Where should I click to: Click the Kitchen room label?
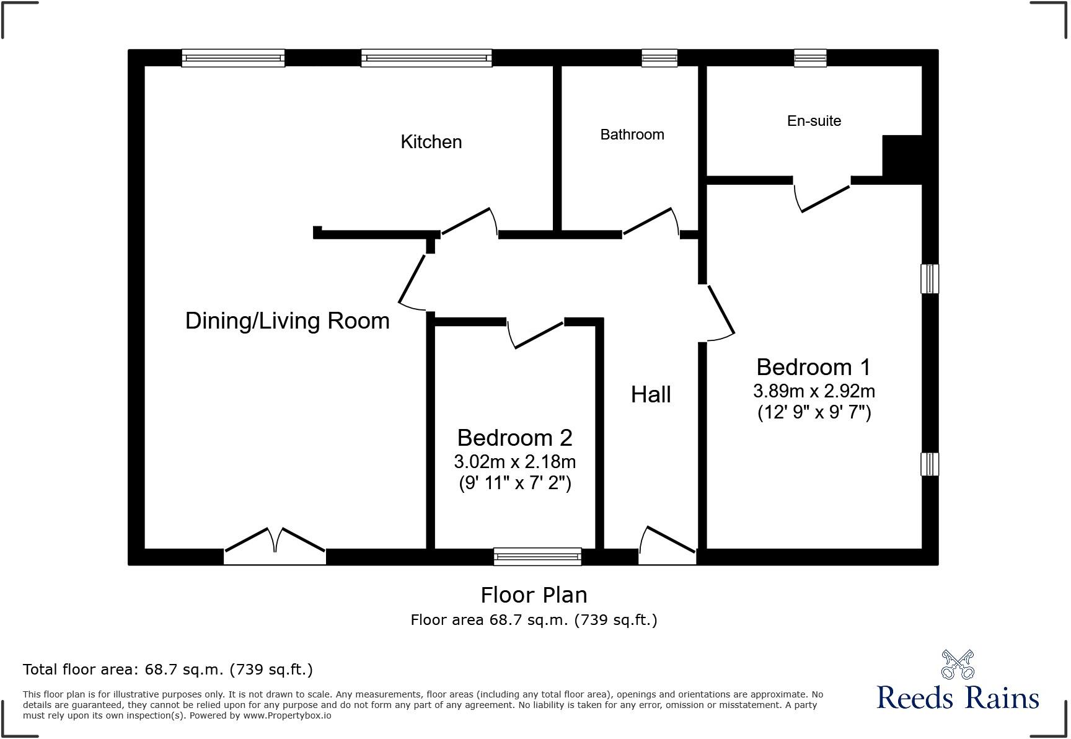pyautogui.click(x=431, y=142)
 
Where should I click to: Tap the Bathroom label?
pyautogui.click(x=632, y=135)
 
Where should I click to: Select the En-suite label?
pyautogui.click(x=814, y=121)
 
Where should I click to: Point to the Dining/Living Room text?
pyautogui.click(x=287, y=321)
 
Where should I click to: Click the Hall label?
pyautogui.click(x=651, y=394)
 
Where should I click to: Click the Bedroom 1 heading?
pyautogui.click(x=813, y=367)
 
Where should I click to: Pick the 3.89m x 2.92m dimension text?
pyautogui.click(x=814, y=391)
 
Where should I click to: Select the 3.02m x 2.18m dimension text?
pyautogui.click(x=514, y=462)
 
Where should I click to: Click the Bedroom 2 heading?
pyautogui.click(x=514, y=438)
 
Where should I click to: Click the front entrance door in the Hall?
pyautogui.click(x=668, y=546)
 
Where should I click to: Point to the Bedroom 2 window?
pyautogui.click(x=537, y=556)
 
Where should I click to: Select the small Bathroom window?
pyautogui.click(x=659, y=58)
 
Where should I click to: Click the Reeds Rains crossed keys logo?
pyautogui.click(x=958, y=665)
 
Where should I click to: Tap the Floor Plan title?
pyautogui.click(x=534, y=595)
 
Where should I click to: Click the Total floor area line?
pyautogui.click(x=167, y=670)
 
